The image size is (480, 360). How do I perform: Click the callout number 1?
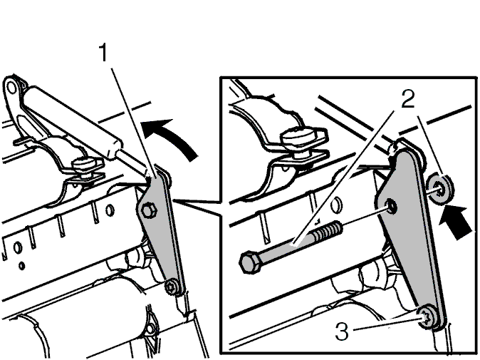pyautogui.click(x=104, y=52)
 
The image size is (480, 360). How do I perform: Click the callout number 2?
pyautogui.click(x=408, y=98)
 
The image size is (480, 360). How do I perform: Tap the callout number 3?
pyautogui.click(x=342, y=331)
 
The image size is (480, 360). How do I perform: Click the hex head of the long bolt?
pyautogui.click(x=250, y=262)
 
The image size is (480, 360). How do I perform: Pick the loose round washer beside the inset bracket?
pyautogui.click(x=440, y=188)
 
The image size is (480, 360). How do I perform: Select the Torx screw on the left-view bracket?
pyautogui.click(x=170, y=287)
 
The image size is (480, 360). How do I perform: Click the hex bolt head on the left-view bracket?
pyautogui.click(x=149, y=210)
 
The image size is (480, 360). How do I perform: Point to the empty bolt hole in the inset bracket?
pyautogui.click(x=390, y=206)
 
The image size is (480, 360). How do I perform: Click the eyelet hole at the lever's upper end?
pyautogui.click(x=11, y=88)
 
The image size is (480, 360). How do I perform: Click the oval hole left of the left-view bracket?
pyautogui.click(x=110, y=210)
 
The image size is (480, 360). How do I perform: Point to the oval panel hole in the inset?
pyautogui.click(x=336, y=205)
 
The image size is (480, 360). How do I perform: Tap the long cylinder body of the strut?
pyautogui.click(x=71, y=122)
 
